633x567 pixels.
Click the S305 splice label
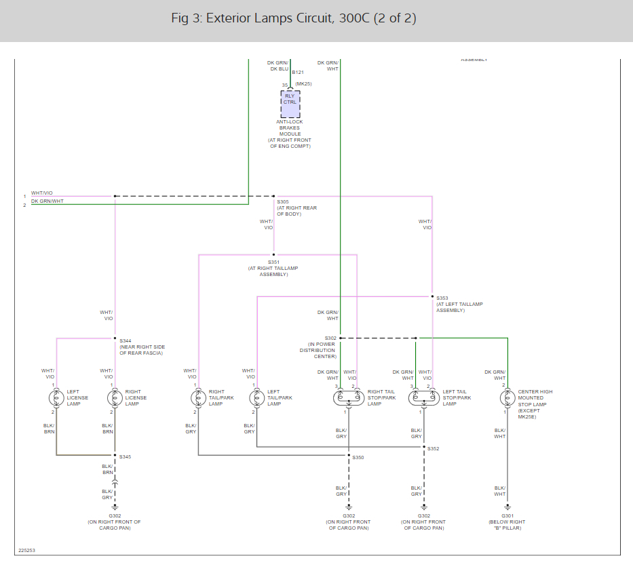pos(283,201)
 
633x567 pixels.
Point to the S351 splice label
pos(273,262)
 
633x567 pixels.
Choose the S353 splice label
pos(442,298)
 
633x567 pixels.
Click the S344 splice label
pos(126,340)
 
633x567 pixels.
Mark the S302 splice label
pos(330,338)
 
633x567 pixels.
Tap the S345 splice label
pos(126,456)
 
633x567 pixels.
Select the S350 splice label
pos(358,457)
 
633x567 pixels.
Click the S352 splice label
pos(434,448)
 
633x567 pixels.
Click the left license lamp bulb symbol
pos(56,398)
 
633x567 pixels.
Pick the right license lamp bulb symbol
pos(115,398)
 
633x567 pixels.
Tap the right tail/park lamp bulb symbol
pos(198,398)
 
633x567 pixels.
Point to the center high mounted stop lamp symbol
pos(507,398)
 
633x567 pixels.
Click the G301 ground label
pos(507,516)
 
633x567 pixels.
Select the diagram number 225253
pos(27,551)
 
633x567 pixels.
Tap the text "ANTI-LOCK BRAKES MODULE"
pos(289,128)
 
